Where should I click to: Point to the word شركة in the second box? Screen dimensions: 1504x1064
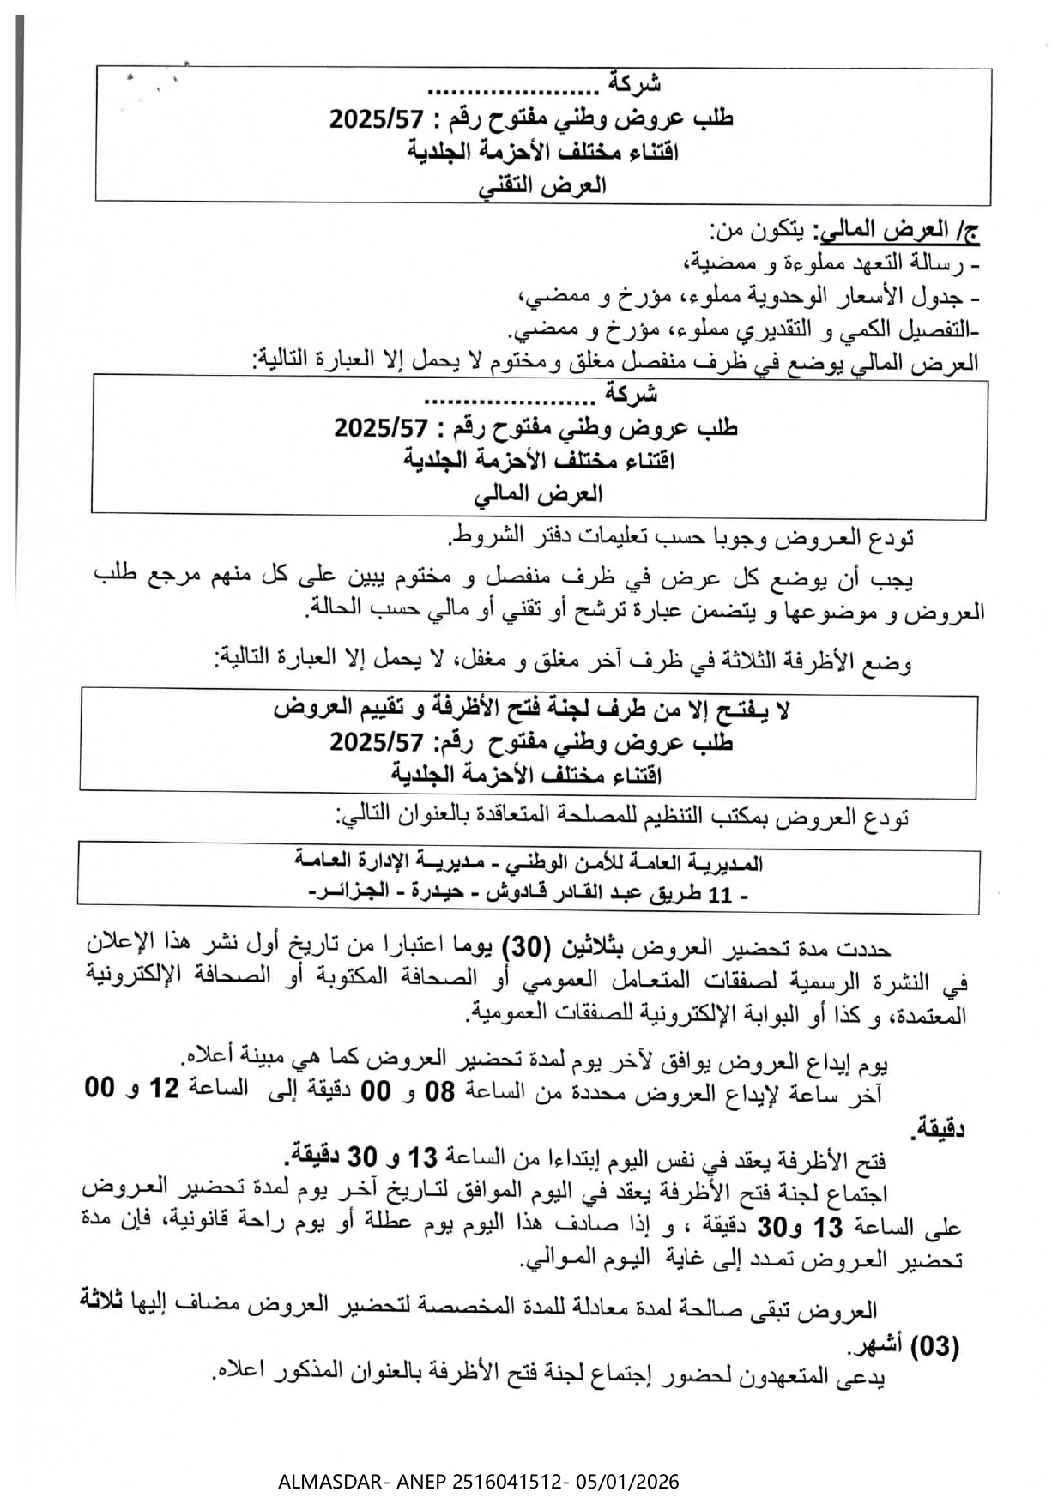pyautogui.click(x=631, y=394)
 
